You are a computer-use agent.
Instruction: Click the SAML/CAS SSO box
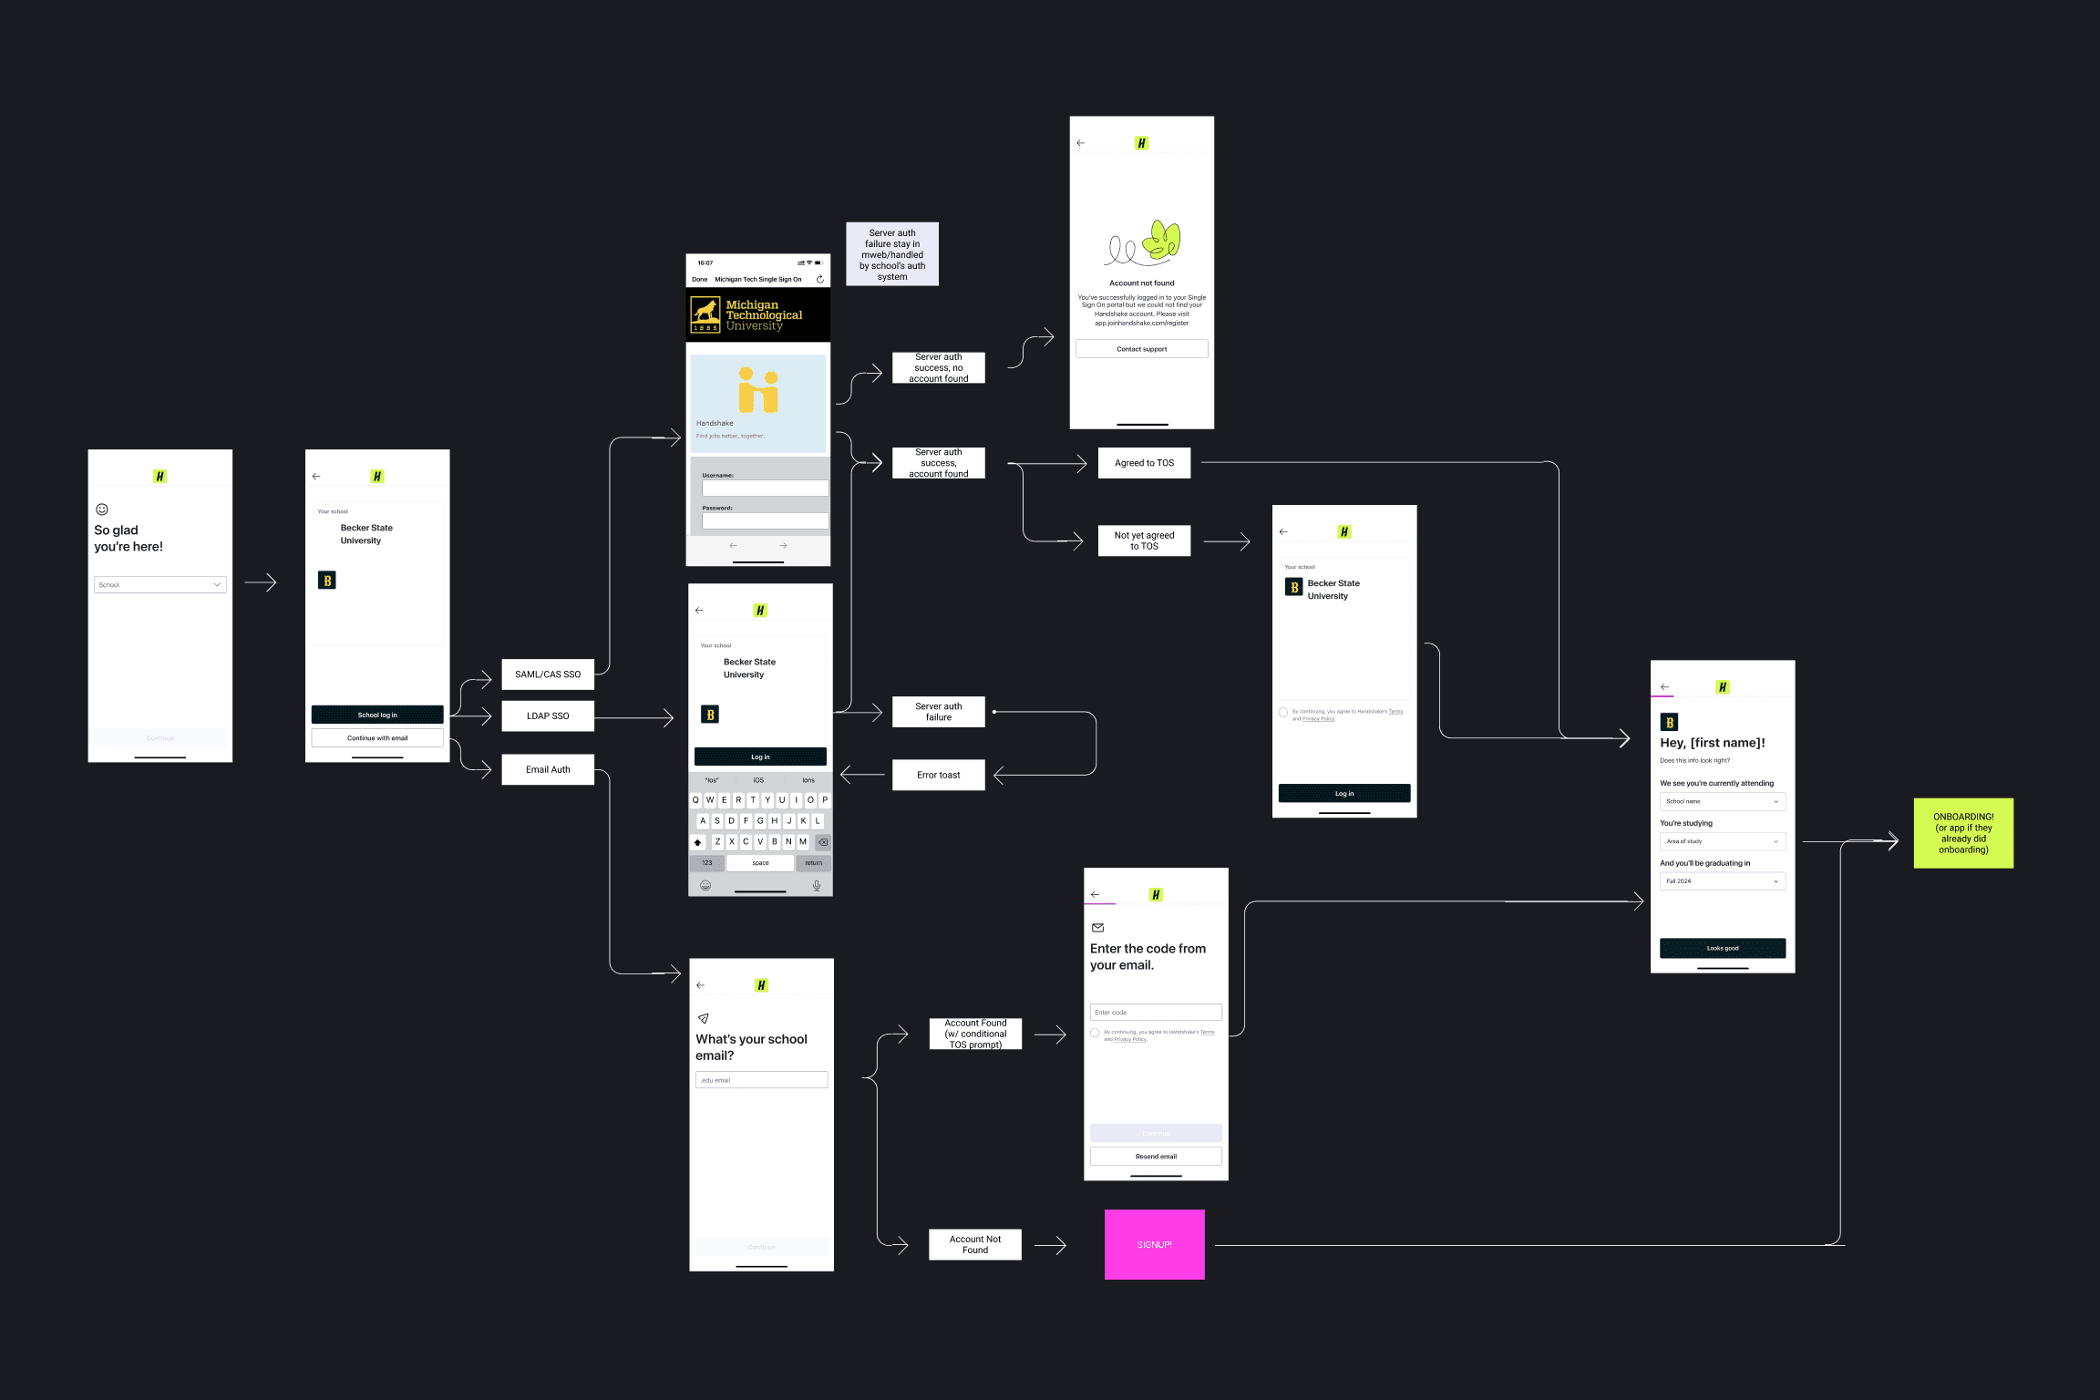548,674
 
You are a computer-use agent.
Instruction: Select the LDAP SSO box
548,715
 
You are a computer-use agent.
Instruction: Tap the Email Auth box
548,769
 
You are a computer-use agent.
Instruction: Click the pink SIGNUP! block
1154,1244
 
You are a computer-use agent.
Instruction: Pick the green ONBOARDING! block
1963,833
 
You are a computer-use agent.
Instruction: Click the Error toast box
938,775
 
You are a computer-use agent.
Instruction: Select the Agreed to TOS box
1144,463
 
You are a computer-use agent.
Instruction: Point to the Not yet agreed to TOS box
1144,540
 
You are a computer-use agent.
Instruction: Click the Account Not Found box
974,1244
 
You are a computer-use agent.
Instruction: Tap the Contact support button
1141,349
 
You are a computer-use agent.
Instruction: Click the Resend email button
1156,1156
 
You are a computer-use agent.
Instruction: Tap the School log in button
377,715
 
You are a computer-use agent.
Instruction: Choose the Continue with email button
377,738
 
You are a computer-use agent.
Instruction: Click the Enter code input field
1156,1012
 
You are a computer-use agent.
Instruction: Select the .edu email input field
761,1080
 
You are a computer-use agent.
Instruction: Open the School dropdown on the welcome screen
160,584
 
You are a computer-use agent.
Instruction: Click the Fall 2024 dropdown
1722,881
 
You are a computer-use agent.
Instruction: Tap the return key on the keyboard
813,862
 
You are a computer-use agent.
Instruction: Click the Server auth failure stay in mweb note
891,254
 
